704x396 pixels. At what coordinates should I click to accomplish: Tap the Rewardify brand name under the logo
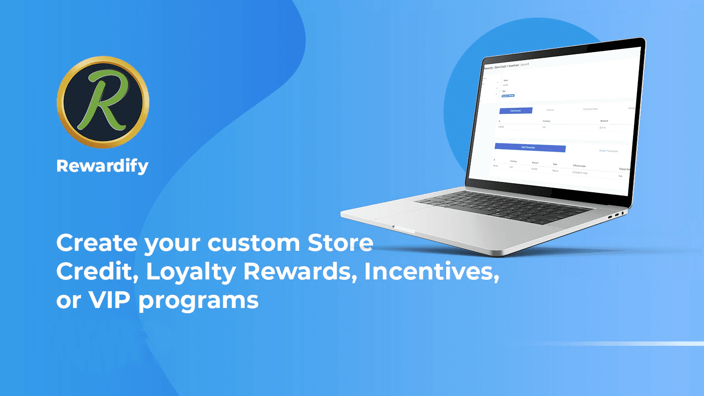click(103, 166)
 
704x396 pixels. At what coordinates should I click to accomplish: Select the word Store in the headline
click(340, 243)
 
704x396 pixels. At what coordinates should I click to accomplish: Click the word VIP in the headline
click(110, 300)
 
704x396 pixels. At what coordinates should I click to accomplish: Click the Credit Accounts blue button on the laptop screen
click(516, 110)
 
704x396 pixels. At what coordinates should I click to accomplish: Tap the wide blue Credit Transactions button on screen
click(530, 147)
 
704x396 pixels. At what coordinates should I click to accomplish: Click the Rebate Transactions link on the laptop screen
click(609, 151)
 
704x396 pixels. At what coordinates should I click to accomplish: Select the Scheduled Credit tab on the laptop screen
click(590, 109)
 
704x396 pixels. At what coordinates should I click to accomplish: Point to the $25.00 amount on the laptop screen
click(603, 128)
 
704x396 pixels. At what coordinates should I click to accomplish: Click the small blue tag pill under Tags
click(508, 95)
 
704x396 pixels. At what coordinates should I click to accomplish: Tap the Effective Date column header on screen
click(579, 166)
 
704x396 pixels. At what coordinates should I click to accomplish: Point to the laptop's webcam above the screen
click(553, 52)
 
